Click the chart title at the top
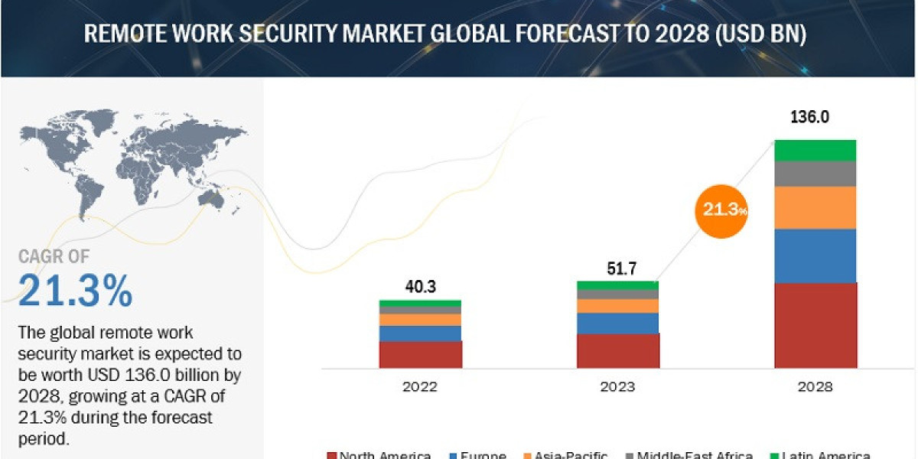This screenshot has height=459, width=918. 444,34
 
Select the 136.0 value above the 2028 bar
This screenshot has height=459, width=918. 814,119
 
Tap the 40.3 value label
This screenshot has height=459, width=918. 420,287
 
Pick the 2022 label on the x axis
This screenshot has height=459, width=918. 420,386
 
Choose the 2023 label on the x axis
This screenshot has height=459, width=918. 617,386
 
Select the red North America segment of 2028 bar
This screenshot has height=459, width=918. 815,325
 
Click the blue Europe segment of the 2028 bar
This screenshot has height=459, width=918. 815,256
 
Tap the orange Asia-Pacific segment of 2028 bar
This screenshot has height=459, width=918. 815,207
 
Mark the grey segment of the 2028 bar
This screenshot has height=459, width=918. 815,174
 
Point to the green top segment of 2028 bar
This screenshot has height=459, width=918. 815,150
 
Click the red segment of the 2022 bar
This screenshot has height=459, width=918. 420,354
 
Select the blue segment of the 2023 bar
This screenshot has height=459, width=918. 617,323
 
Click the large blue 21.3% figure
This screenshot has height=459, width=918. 75,290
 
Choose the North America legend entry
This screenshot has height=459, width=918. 379,455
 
